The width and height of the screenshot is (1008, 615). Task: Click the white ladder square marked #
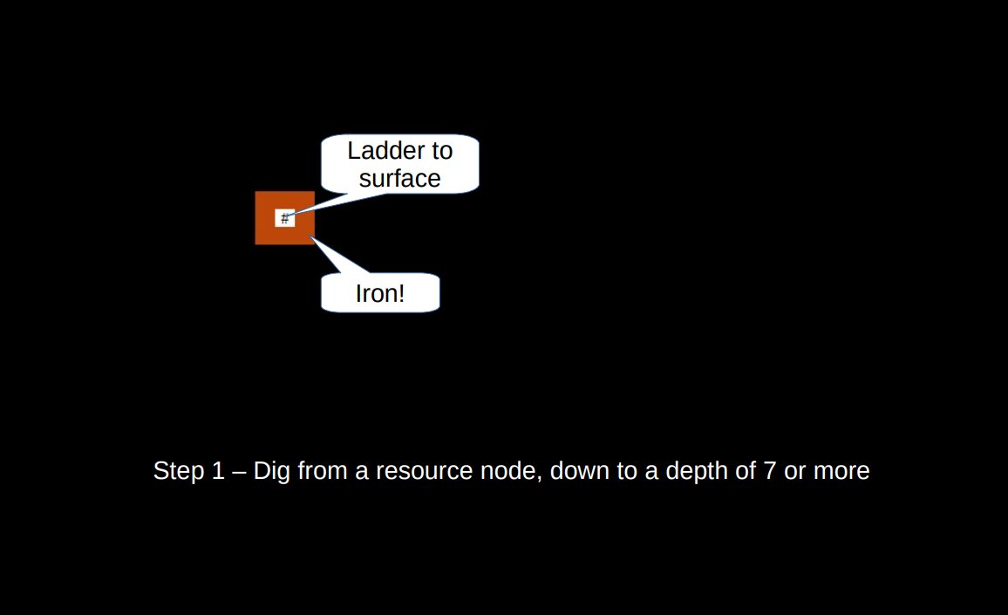[x=284, y=218]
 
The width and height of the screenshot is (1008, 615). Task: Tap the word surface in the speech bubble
[x=400, y=179]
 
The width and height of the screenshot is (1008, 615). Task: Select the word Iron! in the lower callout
[x=380, y=293]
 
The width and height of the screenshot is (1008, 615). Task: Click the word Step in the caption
[x=178, y=471]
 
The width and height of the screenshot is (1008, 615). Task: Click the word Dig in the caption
[x=272, y=471]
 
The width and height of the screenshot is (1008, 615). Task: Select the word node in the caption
[x=514, y=471]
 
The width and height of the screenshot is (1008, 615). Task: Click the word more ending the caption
[x=841, y=471]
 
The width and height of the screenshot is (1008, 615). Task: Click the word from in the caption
[x=322, y=471]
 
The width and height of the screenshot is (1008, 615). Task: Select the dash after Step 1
[x=240, y=472]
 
